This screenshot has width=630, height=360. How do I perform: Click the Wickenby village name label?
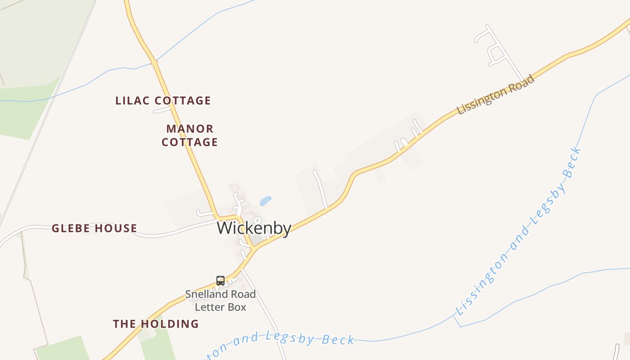point(254,228)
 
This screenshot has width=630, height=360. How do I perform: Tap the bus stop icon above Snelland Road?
point(220,281)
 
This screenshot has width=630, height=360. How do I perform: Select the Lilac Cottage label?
point(163,100)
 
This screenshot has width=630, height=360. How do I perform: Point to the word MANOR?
point(189,129)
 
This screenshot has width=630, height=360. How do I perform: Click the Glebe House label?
point(94,228)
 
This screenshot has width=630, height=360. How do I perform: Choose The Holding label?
point(156,324)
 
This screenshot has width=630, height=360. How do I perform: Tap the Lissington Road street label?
point(495,94)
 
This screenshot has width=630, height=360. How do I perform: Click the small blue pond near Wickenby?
point(266,201)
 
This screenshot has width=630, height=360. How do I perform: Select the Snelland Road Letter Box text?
point(220,301)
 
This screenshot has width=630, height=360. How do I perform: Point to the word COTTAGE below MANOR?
point(189,142)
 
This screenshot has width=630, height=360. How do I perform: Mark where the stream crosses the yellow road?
point(154,62)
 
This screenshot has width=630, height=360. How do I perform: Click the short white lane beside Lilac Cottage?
point(162,110)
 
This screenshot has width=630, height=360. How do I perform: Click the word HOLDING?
point(170,324)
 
